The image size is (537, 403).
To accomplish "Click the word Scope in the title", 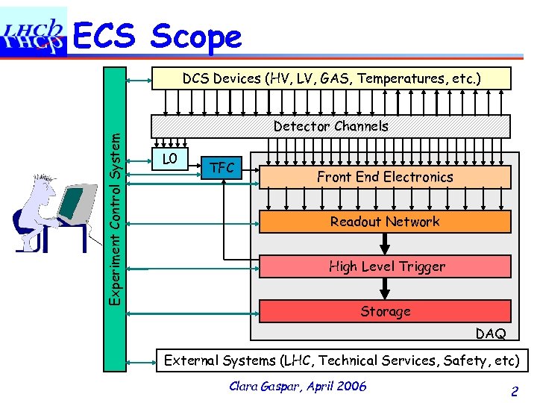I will (x=196, y=37).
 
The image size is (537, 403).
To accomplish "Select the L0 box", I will (x=171, y=160).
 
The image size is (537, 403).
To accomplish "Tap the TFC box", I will (x=222, y=169).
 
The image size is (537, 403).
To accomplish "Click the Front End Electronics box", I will (x=385, y=177).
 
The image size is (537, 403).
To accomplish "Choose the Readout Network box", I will (x=385, y=222).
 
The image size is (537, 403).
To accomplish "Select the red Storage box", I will (x=385, y=311).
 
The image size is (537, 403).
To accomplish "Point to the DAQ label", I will (x=490, y=334).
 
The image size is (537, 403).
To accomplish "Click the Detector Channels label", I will (x=330, y=126).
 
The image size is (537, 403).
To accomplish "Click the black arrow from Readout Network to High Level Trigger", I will (x=386, y=243).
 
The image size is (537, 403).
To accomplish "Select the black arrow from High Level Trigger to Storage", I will (x=386, y=288).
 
